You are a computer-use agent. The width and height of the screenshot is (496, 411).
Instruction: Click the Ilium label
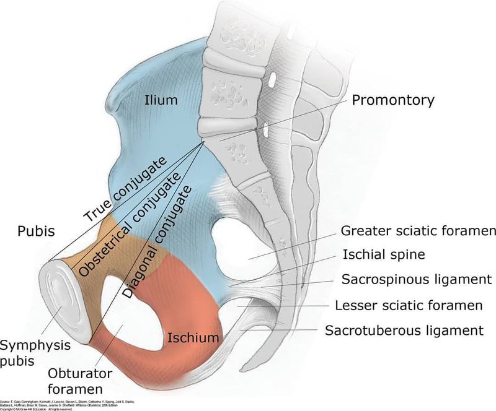coord(161,100)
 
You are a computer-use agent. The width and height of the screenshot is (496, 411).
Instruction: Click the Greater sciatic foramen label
coord(418,231)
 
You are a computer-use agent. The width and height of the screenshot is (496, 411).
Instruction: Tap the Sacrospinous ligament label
coord(417,279)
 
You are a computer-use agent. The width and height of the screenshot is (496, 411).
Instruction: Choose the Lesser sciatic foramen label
coord(409,305)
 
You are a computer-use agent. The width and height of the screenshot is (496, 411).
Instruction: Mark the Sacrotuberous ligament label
coord(404,331)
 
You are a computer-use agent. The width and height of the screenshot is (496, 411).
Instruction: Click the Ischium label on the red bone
coord(193,338)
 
